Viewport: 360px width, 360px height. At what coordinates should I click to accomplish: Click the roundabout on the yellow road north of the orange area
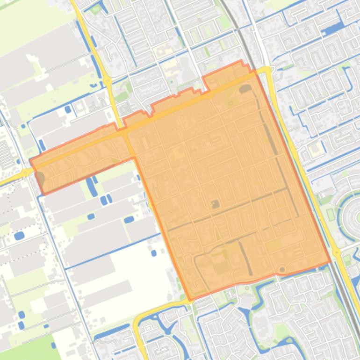point(108,81)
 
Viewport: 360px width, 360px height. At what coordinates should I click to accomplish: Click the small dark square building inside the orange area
point(215,204)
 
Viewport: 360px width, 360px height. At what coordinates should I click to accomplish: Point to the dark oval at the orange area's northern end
point(245,88)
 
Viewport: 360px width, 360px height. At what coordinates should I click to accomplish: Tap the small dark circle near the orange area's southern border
point(281,270)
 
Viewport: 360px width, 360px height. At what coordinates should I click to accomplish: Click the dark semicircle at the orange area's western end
point(40,178)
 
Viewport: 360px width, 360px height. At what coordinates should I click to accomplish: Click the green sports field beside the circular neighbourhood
point(331,215)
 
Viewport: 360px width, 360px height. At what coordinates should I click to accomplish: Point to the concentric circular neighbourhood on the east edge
point(353,217)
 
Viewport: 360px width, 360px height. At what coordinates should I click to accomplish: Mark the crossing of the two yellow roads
point(124,132)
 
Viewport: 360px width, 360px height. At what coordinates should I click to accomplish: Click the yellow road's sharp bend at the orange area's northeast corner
point(267,70)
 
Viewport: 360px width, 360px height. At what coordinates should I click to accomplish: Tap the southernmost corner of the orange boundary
point(190,299)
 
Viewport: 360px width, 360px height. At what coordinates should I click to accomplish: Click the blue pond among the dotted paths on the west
point(19,236)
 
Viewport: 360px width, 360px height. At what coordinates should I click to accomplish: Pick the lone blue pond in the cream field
point(154,253)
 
